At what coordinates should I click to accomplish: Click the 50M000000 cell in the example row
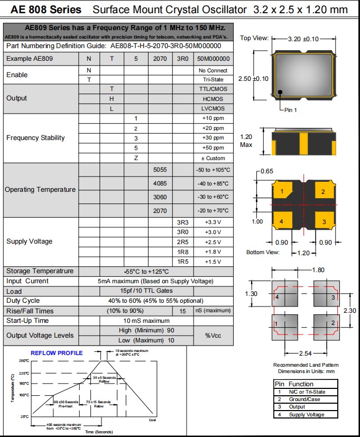click(213, 59)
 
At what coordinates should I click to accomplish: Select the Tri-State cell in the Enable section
click(213, 80)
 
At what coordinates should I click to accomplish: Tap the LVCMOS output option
click(213, 108)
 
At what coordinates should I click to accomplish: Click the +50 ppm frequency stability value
click(213, 148)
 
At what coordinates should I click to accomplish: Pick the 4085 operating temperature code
click(160, 183)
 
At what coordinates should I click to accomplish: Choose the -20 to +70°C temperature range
click(213, 210)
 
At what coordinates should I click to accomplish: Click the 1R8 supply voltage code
click(182, 252)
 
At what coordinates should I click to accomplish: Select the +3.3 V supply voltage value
click(213, 222)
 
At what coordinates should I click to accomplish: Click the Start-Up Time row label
click(27, 321)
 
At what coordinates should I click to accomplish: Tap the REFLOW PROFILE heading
click(57, 353)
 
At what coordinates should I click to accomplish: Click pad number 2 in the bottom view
click(323, 192)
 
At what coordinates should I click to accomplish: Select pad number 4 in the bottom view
click(282, 221)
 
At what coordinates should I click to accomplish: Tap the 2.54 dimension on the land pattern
click(305, 352)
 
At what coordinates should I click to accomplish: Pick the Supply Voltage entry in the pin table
click(307, 414)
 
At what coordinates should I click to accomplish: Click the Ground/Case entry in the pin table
click(304, 399)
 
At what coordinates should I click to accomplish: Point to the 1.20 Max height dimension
click(247, 140)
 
